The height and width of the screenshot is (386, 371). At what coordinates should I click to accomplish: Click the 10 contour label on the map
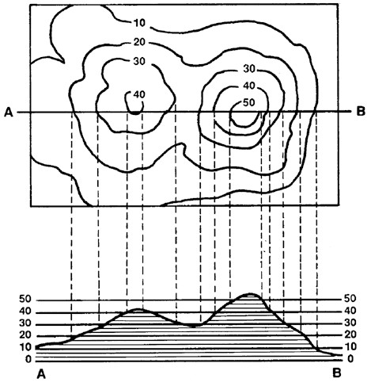(139, 23)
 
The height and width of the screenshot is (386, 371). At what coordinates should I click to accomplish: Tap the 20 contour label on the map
(139, 42)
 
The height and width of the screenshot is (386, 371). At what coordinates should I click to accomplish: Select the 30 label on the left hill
(139, 61)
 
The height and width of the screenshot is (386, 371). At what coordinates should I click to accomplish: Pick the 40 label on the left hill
(139, 94)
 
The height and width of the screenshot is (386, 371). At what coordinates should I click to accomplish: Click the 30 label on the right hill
(249, 69)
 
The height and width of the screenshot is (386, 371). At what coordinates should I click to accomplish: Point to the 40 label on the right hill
(249, 86)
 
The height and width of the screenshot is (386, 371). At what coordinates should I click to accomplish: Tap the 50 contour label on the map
(249, 102)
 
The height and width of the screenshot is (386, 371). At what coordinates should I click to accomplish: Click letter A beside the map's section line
(9, 113)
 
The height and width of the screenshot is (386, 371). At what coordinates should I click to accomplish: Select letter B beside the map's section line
(361, 112)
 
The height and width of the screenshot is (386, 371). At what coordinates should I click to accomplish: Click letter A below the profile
(41, 374)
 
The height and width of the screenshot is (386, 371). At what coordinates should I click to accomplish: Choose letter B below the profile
(337, 373)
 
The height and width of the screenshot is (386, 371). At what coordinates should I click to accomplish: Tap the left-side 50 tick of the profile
(25, 299)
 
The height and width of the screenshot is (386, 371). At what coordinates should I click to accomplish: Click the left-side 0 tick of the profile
(28, 359)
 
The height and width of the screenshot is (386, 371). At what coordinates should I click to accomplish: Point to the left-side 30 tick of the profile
(25, 323)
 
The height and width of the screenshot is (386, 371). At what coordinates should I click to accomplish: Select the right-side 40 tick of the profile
(350, 311)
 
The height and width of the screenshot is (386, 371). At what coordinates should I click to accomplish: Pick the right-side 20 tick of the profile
(350, 334)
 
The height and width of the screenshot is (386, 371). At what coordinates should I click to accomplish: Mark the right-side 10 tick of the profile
(350, 346)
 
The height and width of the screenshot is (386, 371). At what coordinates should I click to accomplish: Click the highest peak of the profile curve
(250, 293)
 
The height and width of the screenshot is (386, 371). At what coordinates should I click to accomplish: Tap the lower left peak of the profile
(137, 309)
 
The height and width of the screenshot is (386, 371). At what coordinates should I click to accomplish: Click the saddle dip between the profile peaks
(193, 326)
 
